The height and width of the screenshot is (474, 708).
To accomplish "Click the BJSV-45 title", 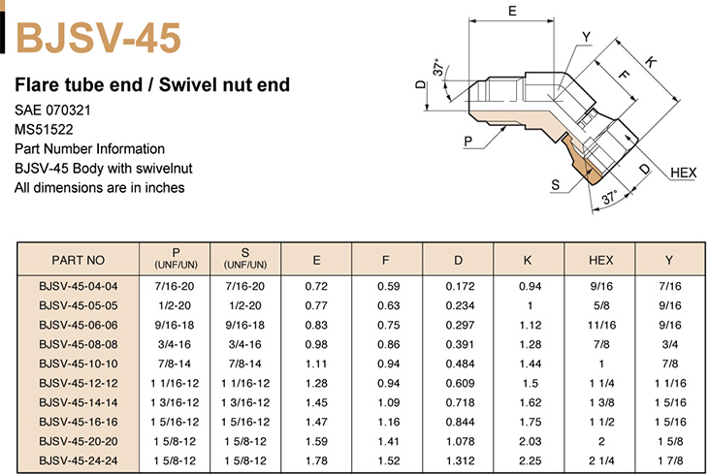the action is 98,39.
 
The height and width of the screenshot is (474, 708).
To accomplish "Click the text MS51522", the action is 44,130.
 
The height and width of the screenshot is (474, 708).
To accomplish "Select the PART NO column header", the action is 79,260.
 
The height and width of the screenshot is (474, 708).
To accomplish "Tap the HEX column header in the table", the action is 601,260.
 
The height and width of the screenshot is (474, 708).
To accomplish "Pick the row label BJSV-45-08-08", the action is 79,344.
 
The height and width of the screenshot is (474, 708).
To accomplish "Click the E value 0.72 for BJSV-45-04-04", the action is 316,286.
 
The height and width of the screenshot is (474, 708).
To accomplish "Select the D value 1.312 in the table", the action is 460,460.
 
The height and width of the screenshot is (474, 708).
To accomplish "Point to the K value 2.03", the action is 531,441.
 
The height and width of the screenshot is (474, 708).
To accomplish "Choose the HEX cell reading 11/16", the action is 601,325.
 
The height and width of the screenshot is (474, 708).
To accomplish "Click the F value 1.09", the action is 388,402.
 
